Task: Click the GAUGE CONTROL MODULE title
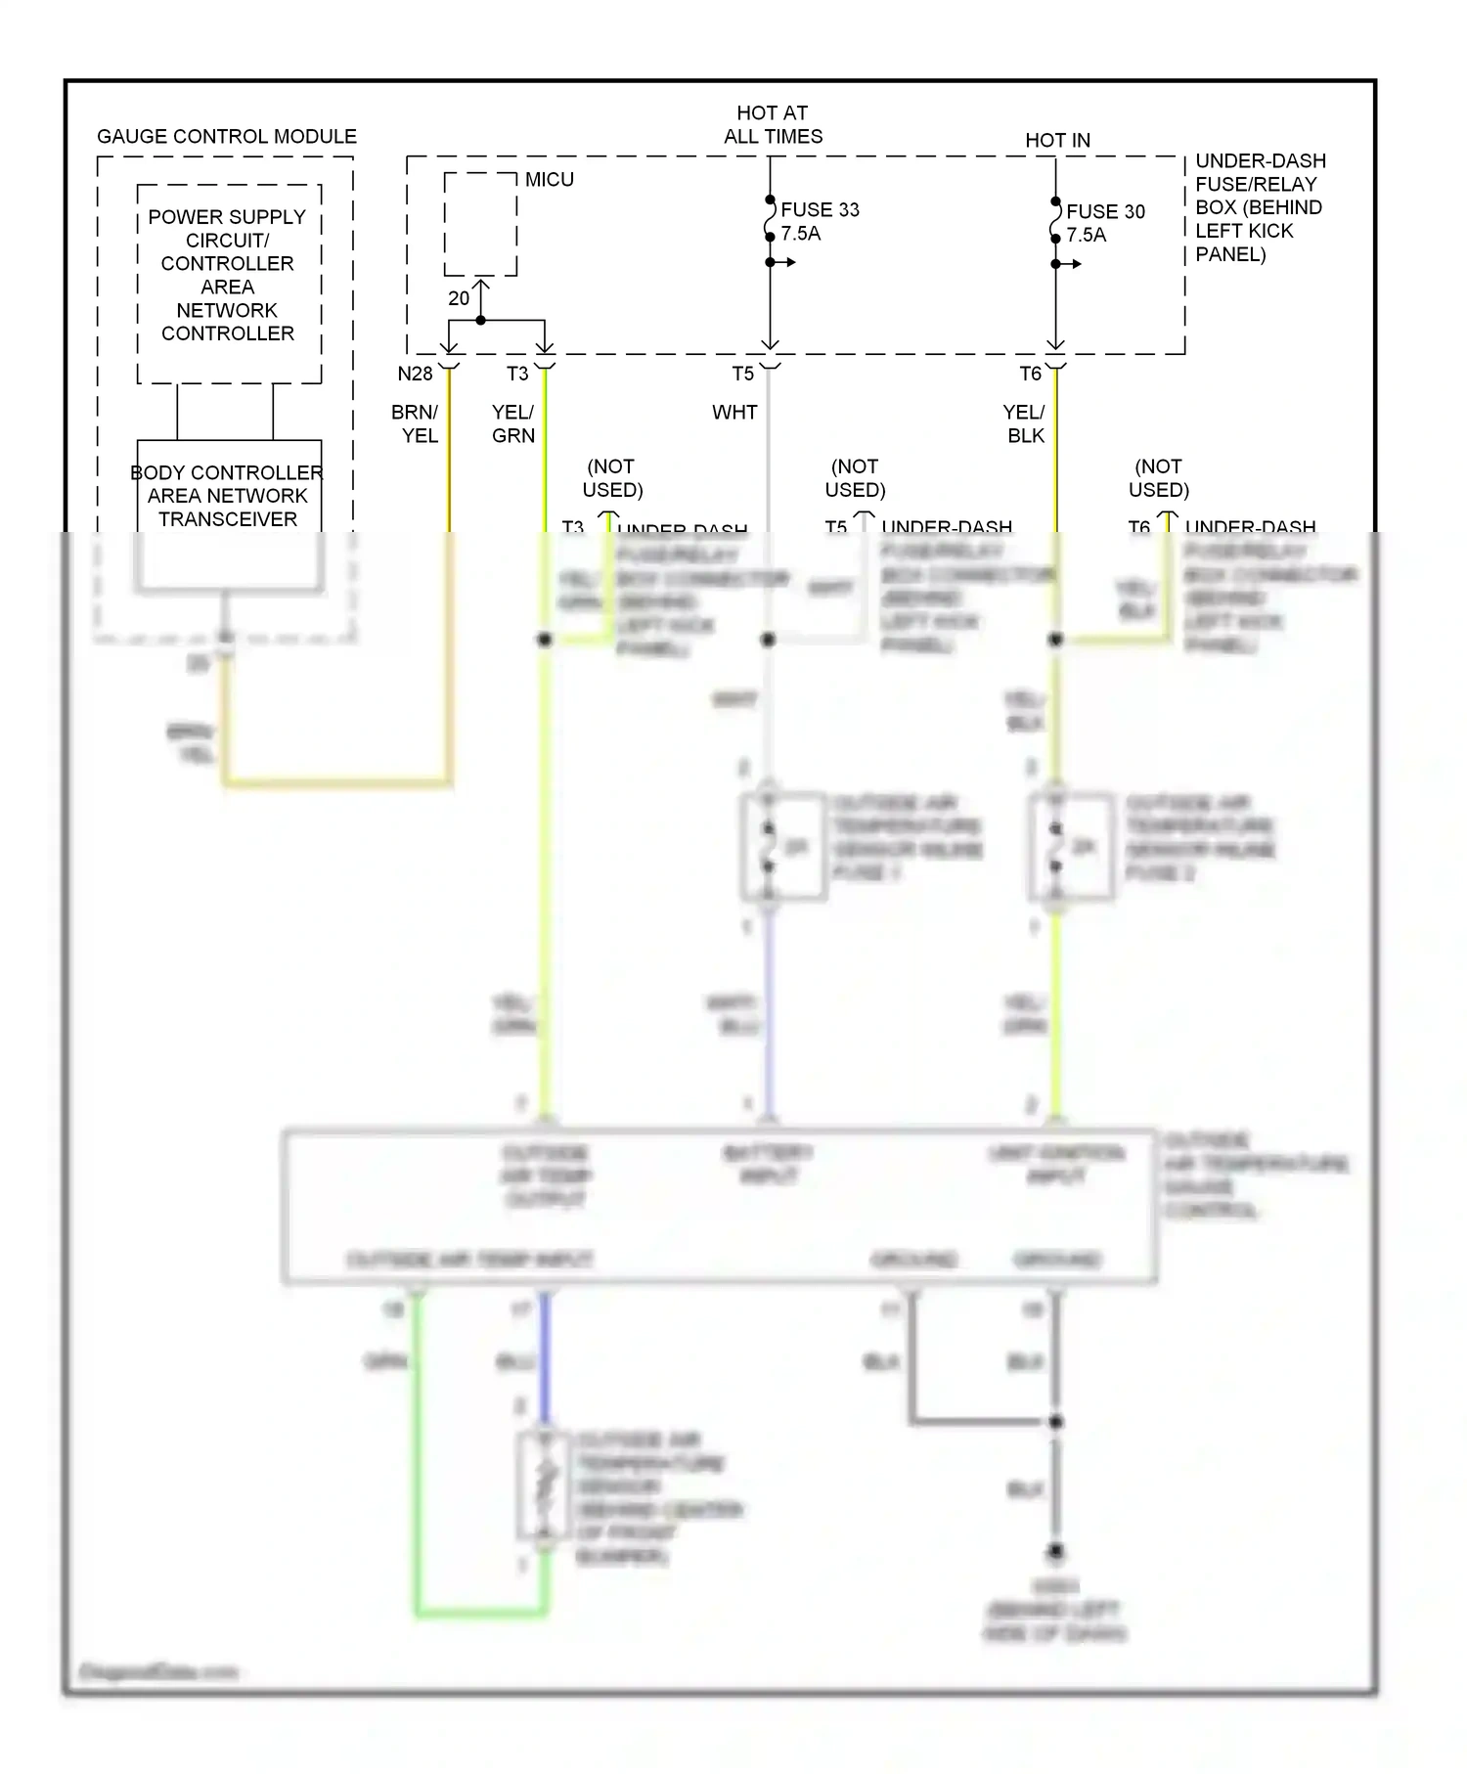[226, 137]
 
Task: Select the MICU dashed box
[480, 225]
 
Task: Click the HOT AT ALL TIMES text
[773, 125]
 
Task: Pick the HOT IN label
[1057, 141]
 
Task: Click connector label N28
[415, 374]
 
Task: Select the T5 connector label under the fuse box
[743, 374]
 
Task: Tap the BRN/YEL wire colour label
[416, 423]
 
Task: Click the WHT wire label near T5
[734, 413]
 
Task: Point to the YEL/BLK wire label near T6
[1025, 423]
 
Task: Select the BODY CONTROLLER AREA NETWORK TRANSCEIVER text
[228, 496]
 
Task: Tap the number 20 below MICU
[459, 298]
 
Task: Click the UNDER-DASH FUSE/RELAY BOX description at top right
[1260, 207]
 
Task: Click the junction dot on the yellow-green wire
[545, 640]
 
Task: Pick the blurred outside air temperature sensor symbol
[546, 1486]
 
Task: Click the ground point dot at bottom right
[1056, 1552]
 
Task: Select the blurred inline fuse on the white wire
[769, 847]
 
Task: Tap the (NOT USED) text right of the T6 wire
[1158, 478]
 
